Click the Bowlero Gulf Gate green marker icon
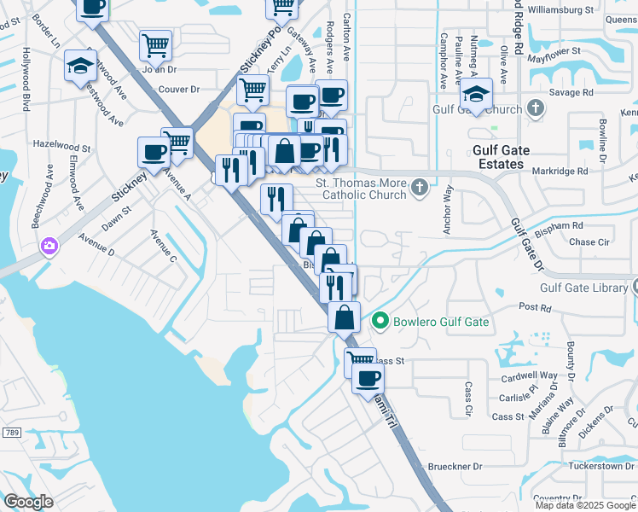380,322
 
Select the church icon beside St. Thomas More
419,187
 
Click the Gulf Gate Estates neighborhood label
502,157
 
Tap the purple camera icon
49,247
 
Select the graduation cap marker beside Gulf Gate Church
478,94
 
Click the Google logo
28,502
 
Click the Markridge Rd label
560,171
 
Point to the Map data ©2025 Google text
584,504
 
